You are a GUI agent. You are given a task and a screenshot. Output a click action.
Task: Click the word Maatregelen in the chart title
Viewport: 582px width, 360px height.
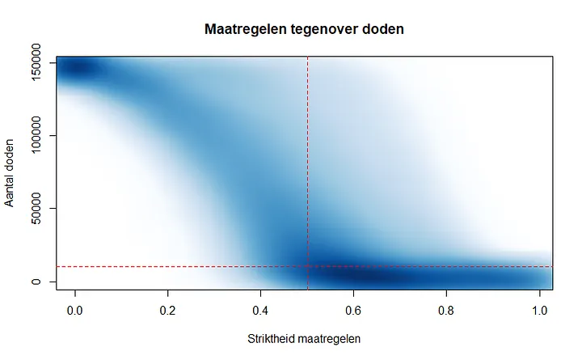(238, 31)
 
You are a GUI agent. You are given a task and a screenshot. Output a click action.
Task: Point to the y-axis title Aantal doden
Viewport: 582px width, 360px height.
(11, 172)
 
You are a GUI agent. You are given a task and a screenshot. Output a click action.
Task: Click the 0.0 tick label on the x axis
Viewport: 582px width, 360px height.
(75, 309)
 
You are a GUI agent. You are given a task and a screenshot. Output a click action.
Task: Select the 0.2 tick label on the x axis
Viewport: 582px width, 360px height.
(168, 309)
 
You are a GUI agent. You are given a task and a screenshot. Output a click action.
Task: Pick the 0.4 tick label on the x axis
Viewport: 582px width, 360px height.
(261, 309)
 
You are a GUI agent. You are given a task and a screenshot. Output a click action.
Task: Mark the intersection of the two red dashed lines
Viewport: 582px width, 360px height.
(308, 266)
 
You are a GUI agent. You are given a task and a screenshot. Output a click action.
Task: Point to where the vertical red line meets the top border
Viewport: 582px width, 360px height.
(308, 57)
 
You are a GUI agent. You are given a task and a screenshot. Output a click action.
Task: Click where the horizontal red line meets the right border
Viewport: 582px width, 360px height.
(553, 266)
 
